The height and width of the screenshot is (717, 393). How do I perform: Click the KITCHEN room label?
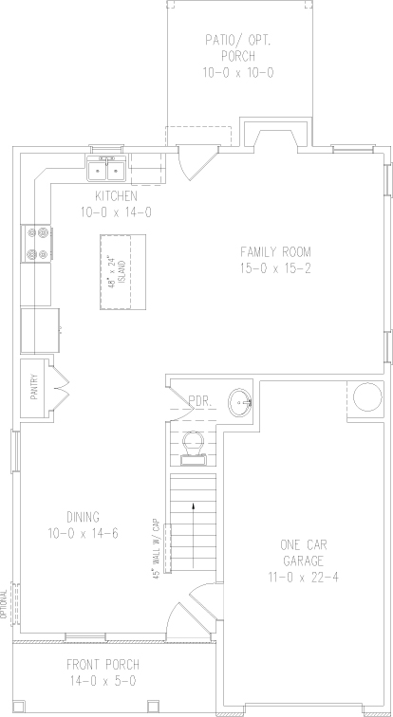point(116,196)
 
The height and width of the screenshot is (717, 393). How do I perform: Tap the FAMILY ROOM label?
point(275,251)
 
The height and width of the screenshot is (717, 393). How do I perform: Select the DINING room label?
point(83,517)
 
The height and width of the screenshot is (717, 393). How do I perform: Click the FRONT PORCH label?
point(103,664)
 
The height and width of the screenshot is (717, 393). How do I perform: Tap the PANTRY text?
point(34,388)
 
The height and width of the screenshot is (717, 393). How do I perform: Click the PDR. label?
point(199,401)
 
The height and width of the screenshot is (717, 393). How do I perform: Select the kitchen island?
point(122,272)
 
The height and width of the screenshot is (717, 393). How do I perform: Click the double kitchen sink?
point(106,169)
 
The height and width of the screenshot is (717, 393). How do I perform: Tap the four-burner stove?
point(36,244)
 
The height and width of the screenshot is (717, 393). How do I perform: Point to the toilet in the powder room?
point(193,449)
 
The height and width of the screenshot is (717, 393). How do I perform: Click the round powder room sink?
point(241,402)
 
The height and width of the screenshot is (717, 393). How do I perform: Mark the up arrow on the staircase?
point(194,535)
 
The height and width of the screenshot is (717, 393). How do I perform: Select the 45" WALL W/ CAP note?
point(156,548)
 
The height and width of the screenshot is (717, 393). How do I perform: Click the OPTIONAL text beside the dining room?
point(5,604)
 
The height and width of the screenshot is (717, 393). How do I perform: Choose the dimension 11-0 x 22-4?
point(304,577)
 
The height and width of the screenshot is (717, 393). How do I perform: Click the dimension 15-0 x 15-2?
point(275,268)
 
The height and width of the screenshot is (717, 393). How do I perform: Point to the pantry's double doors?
point(61,389)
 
